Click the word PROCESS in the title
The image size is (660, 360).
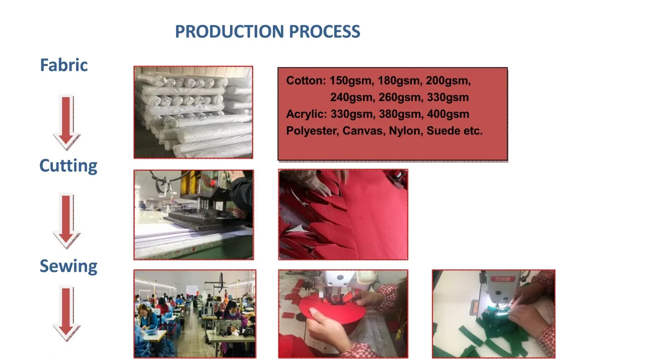pos(324,32)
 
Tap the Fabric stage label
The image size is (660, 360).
pos(63,65)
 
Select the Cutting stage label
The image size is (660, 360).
pos(68,166)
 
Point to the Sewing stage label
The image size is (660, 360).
pos(68,266)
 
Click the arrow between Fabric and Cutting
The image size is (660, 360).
pos(66,122)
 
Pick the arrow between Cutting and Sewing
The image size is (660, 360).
pos(66,221)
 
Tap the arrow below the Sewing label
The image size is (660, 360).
pos(66,313)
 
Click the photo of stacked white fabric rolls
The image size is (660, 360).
pos(193,112)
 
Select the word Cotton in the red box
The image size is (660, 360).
pos(306,81)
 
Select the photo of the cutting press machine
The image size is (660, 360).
pos(194,215)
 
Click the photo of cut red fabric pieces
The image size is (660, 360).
pos(343,214)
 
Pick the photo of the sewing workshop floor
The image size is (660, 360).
pos(195,314)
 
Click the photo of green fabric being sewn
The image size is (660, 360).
pos(493,314)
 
